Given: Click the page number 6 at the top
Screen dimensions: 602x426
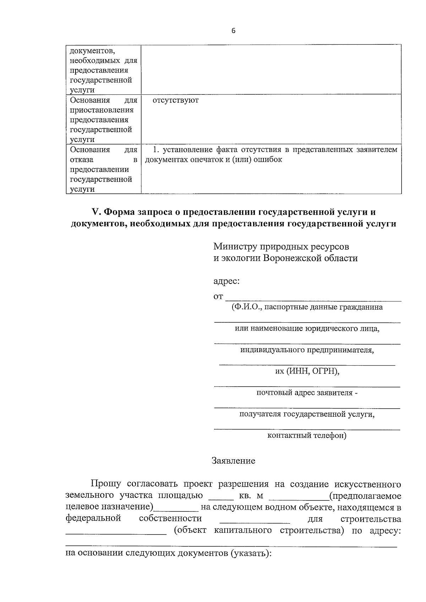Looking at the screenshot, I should pyautogui.click(x=233, y=31).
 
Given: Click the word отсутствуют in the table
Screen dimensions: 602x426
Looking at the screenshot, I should pyautogui.click(x=175, y=100).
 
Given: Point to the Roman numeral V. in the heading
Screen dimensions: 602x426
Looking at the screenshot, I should pyautogui.click(x=97, y=212).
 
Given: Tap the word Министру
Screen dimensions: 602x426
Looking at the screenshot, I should pyautogui.click(x=235, y=246).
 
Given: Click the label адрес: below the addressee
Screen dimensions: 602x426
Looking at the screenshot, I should pyautogui.click(x=226, y=281).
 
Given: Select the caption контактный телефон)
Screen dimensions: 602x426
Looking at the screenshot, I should pyautogui.click(x=307, y=436).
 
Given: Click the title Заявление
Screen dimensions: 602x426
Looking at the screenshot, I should pyautogui.click(x=233, y=461).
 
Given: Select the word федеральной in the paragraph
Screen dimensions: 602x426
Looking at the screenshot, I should pyautogui.click(x=93, y=519).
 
